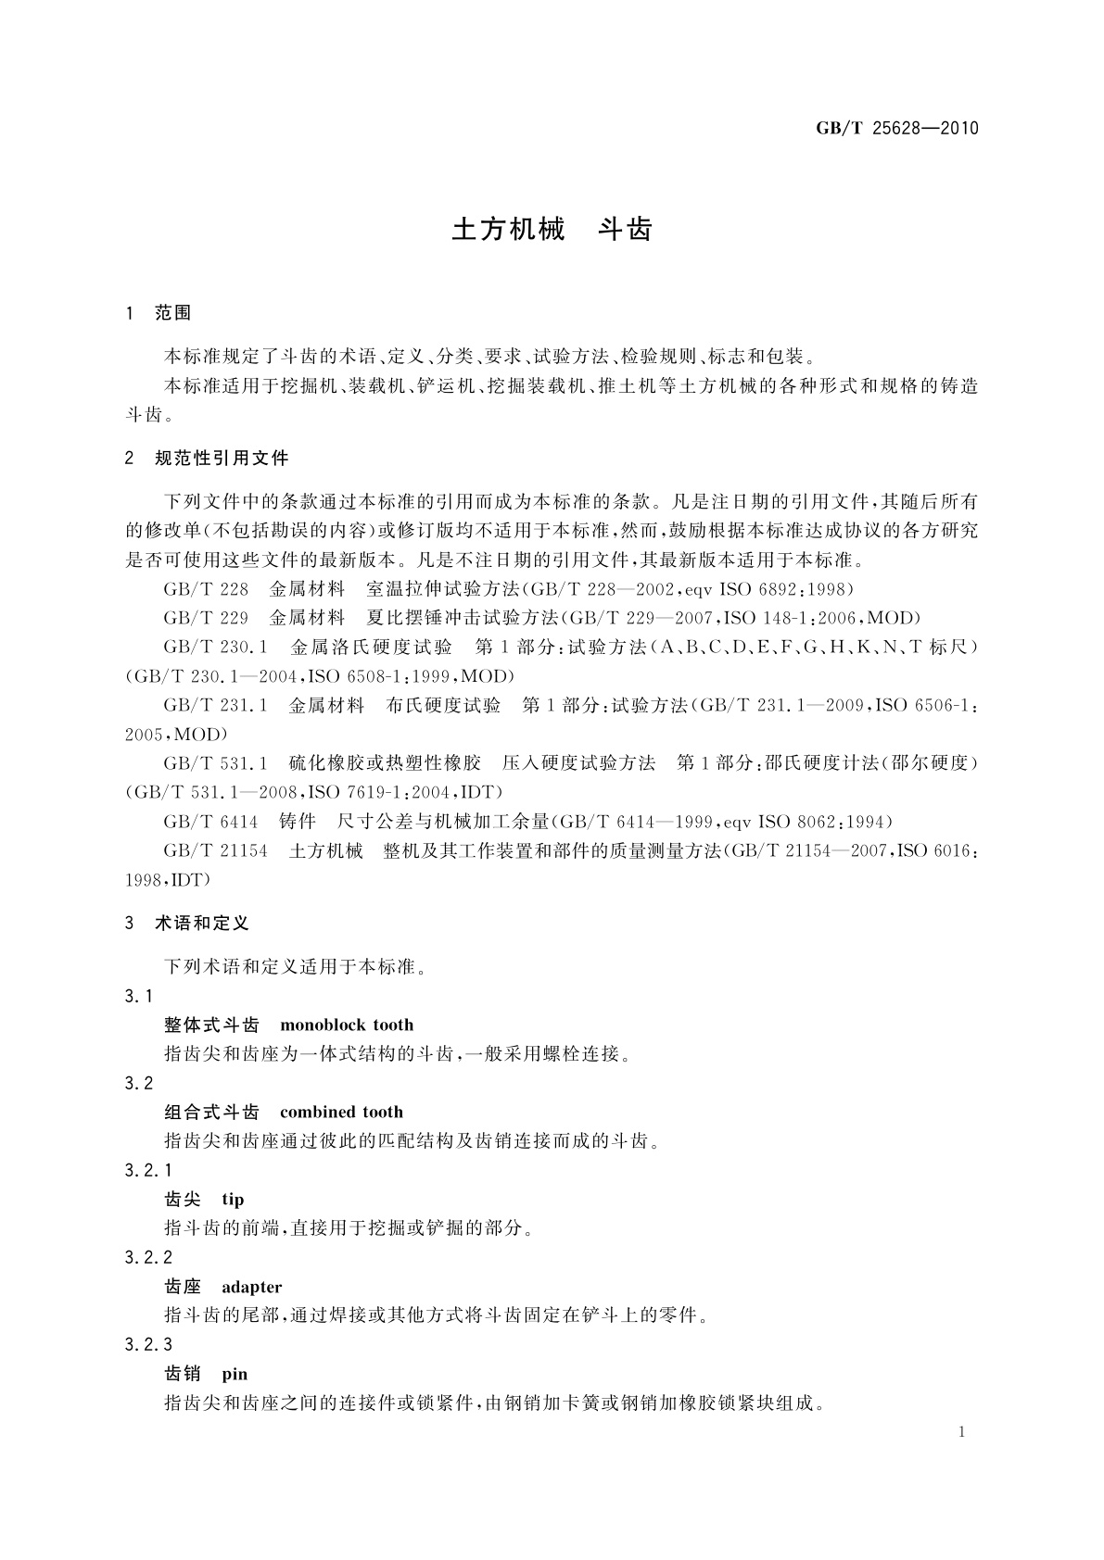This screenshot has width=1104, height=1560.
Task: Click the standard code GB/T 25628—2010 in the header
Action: [896, 129]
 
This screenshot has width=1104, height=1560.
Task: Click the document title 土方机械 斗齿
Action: [552, 230]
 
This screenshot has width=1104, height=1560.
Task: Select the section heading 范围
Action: [172, 313]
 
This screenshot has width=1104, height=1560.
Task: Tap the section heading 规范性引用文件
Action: [222, 458]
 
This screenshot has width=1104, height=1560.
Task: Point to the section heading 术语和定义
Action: [202, 924]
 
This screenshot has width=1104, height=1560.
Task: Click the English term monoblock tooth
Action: [347, 1025]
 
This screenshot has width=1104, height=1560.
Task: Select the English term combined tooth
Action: [341, 1113]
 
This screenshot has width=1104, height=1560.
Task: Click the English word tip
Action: [233, 1200]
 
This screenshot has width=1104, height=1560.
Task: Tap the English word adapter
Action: [251, 1287]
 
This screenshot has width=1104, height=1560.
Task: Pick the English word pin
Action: [235, 1374]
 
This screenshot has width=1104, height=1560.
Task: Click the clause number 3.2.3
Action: [148, 1345]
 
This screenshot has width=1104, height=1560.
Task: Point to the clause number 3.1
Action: [139, 996]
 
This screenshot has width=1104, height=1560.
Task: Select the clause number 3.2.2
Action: [148, 1258]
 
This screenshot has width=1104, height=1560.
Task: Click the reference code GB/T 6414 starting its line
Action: [210, 822]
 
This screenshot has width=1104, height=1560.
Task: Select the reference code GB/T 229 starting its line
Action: [206, 618]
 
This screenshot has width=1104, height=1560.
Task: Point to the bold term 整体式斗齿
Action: [211, 1025]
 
